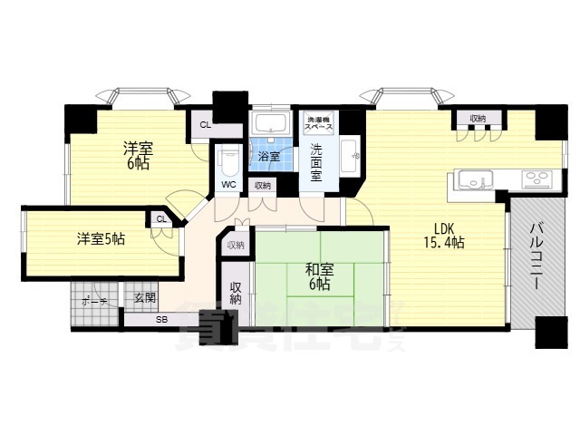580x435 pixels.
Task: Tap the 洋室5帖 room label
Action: (x=101, y=239)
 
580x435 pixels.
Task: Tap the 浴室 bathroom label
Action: (x=269, y=157)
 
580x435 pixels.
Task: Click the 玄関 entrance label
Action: (x=144, y=298)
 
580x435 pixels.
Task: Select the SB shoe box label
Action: (x=161, y=320)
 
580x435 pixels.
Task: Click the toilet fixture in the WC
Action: (x=229, y=161)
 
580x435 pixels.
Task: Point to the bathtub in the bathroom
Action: (x=269, y=123)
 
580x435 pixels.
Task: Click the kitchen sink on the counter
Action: (x=472, y=178)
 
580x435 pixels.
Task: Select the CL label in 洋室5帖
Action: (x=161, y=219)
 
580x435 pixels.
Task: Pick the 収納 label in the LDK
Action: (x=477, y=118)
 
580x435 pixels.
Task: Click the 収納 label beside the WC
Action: (x=262, y=186)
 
